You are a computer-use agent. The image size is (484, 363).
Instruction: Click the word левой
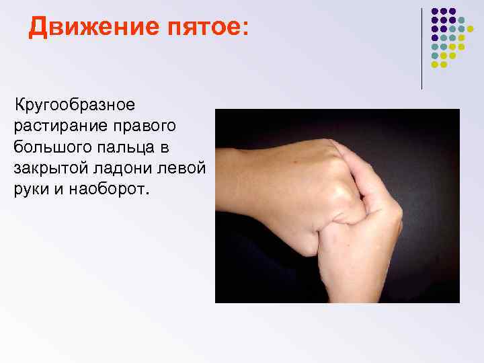(x=185, y=167)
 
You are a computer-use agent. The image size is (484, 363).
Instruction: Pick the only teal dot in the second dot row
(x=462, y=21)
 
